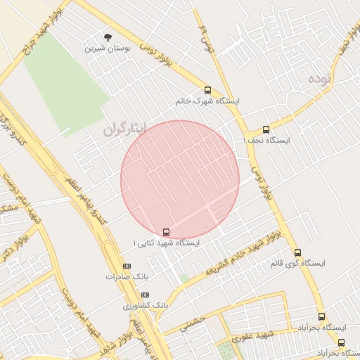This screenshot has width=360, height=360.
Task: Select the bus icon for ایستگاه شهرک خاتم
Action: [207, 90]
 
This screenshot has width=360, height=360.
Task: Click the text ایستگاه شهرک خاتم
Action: [208, 102]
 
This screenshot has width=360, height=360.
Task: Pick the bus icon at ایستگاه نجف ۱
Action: [266, 129]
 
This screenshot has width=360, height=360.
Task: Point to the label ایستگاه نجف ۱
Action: [275, 141]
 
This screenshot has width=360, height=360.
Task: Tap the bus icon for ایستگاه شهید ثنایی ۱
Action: [166, 231]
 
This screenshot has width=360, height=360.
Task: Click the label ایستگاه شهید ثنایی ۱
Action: [166, 243]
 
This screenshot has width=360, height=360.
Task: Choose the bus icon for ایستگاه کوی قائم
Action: [297, 252]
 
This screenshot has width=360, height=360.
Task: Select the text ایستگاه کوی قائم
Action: [297, 264]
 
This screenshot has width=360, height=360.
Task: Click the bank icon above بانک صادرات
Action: [127, 266]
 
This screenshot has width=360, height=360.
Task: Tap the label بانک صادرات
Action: [120, 277]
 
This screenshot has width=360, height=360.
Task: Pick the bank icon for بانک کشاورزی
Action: [145, 295]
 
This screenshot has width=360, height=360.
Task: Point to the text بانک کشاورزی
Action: [146, 306]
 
